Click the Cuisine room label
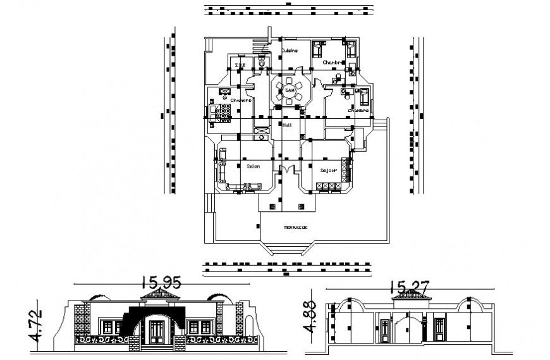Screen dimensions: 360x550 tap(290, 52)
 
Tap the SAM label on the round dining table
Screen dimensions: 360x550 tap(290, 92)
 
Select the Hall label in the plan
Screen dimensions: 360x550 tap(287, 126)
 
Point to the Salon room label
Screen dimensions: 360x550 tap(245, 166)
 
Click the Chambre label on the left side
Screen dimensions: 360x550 tap(241, 101)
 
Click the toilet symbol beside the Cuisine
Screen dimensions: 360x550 tap(260, 63)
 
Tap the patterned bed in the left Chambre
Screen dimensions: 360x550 tap(222, 113)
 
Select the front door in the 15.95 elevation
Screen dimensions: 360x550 tap(157, 330)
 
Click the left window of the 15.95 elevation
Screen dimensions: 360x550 tap(112, 328)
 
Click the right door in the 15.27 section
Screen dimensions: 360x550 tap(440, 330)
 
